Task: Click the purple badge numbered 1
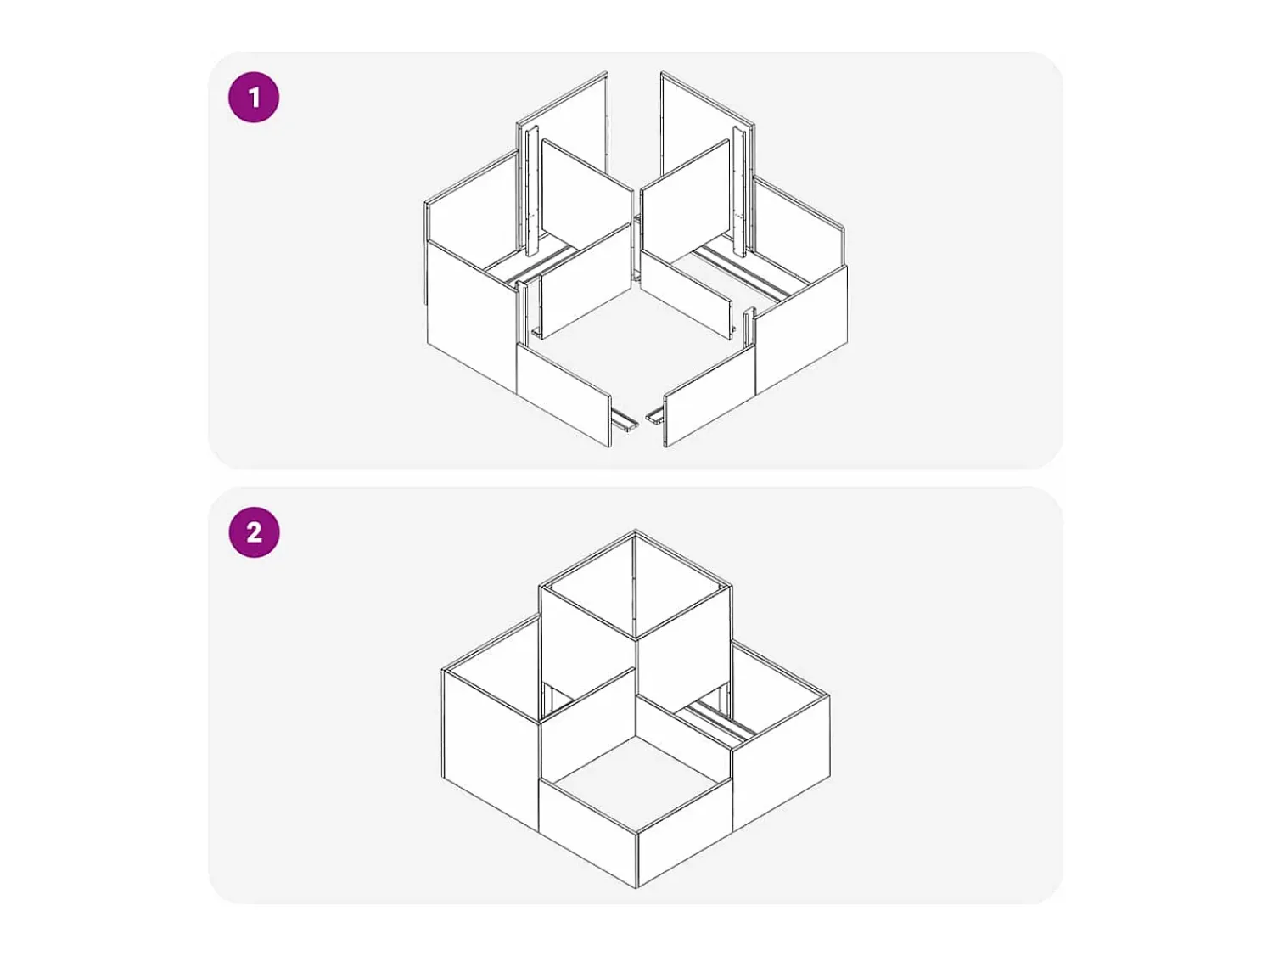(x=254, y=97)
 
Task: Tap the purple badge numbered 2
(x=254, y=532)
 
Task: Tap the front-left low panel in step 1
(x=564, y=395)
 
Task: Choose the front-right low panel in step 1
(x=709, y=395)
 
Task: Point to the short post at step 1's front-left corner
(x=521, y=313)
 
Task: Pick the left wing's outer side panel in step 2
(x=491, y=744)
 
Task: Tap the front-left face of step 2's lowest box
(x=587, y=829)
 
